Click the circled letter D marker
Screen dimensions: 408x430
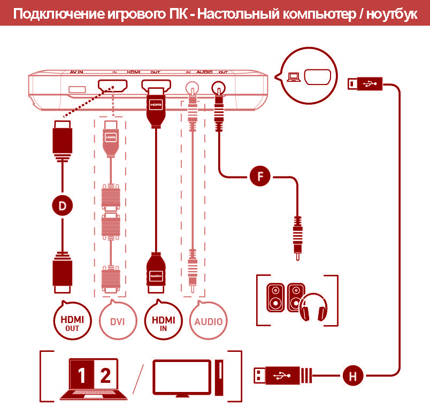click(x=63, y=205)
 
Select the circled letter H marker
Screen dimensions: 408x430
click(x=352, y=376)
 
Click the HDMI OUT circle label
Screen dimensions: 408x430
click(x=72, y=322)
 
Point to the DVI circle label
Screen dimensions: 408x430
click(x=117, y=322)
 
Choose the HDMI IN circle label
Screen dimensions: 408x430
click(x=163, y=322)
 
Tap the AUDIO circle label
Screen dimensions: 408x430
click(x=208, y=322)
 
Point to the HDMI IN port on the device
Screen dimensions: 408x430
click(x=112, y=86)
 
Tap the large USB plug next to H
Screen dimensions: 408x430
click(x=281, y=375)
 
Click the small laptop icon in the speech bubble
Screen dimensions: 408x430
click(x=294, y=77)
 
